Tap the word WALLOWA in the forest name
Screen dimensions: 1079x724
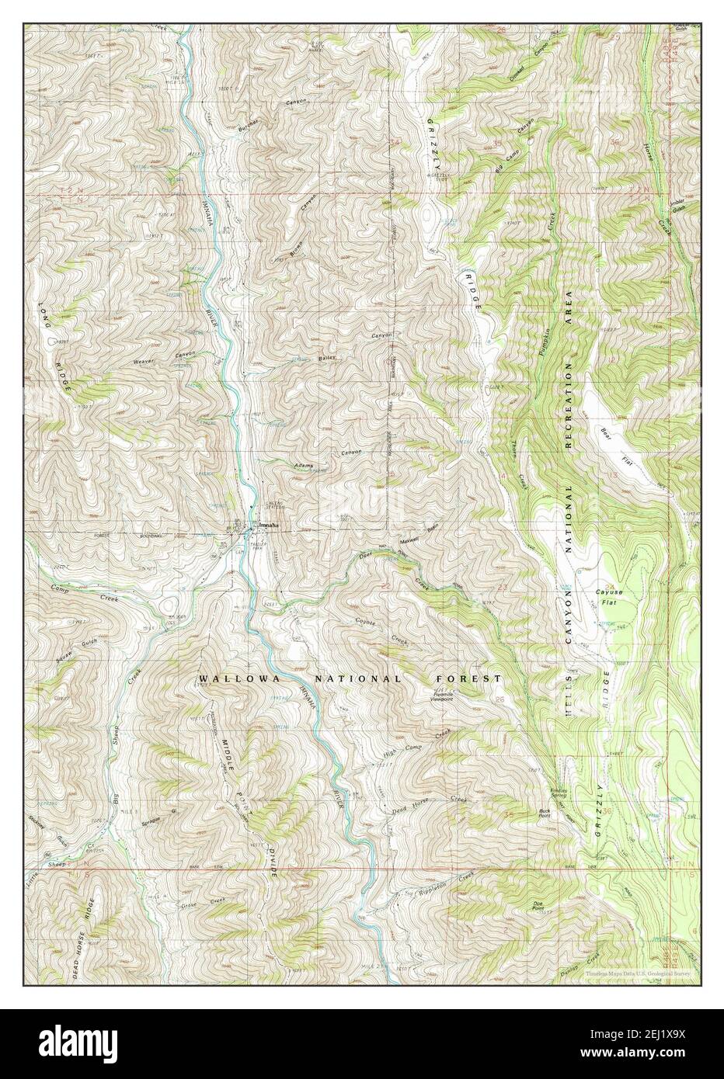point(225,678)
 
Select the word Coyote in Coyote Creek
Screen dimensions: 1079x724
point(371,621)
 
